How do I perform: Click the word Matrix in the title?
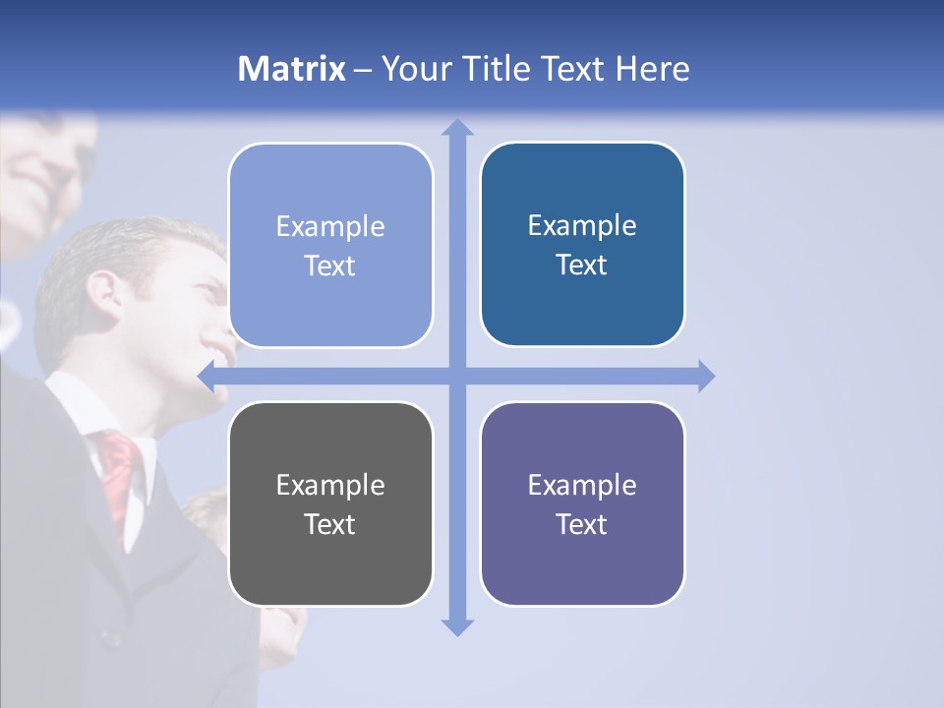292,69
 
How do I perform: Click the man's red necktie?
119,472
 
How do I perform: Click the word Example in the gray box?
330,485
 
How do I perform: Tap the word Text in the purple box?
582,524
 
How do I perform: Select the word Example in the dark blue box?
582,225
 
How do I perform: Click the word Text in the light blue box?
330,265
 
